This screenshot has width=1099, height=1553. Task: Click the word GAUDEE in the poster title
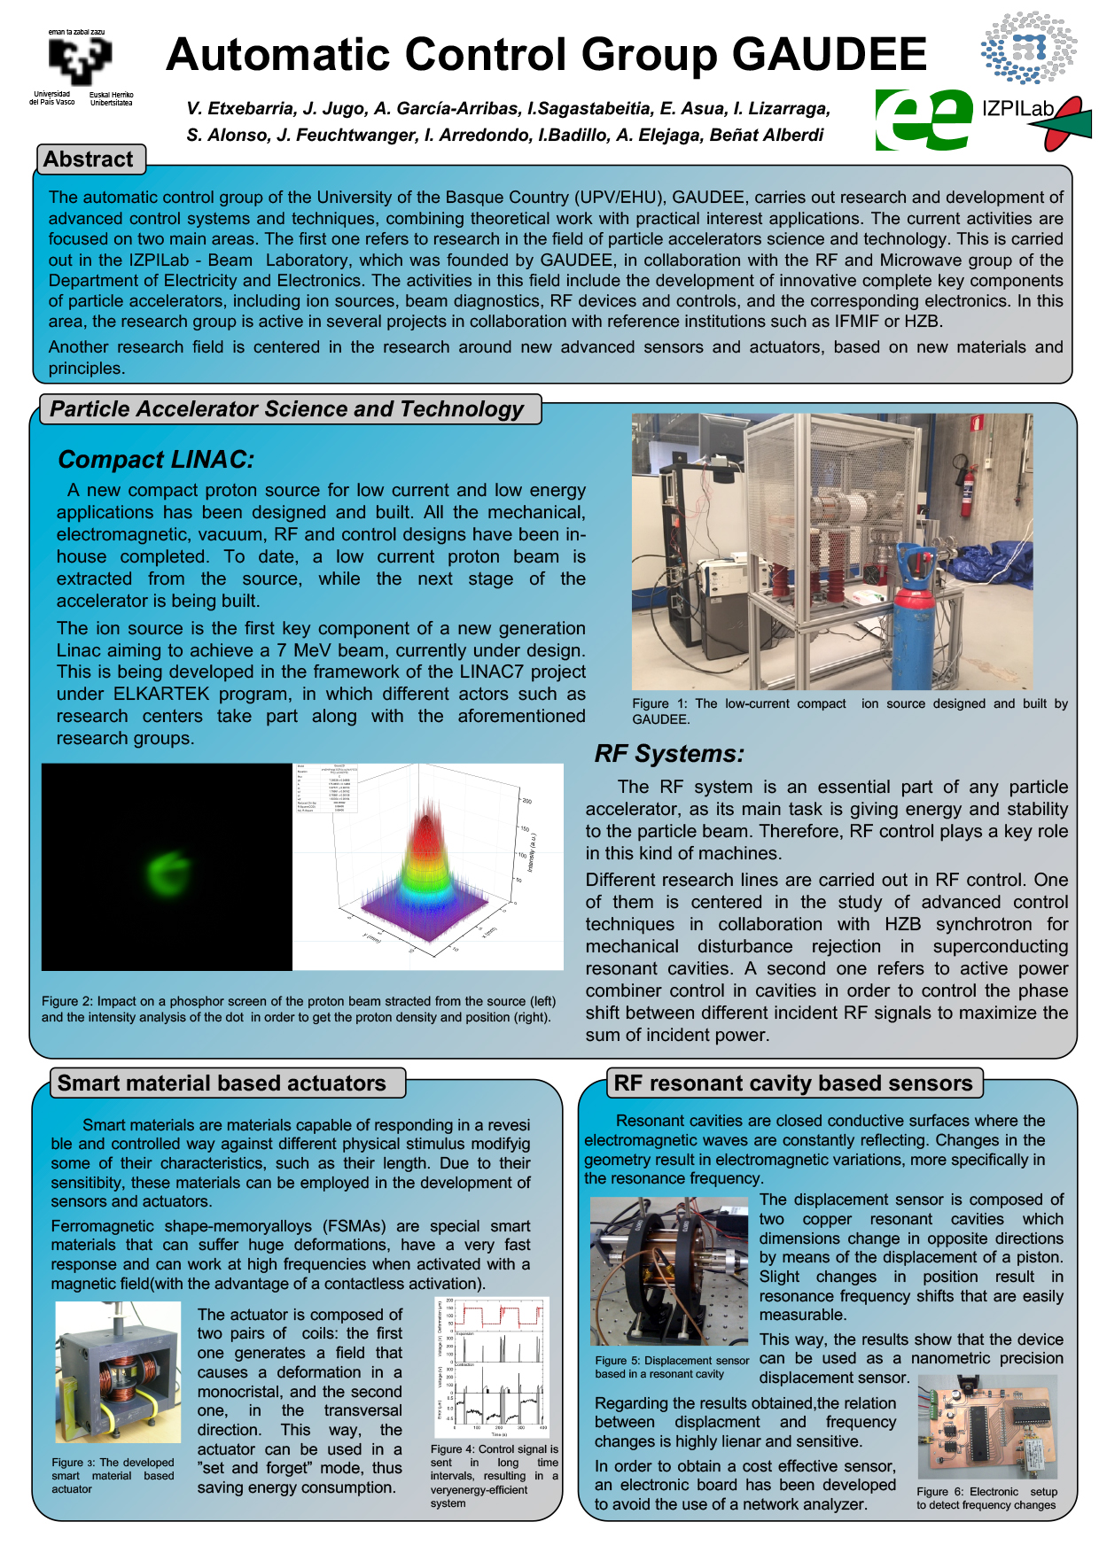[x=830, y=55]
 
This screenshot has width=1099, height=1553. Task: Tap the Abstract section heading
[x=88, y=159]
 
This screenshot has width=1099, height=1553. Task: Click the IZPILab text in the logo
[x=1017, y=109]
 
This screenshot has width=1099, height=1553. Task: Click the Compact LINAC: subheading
[x=156, y=460]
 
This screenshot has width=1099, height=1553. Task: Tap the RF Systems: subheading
[x=669, y=754]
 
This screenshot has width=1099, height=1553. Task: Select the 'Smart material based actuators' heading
[x=222, y=1083]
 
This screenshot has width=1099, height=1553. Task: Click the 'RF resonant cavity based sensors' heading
[x=793, y=1083]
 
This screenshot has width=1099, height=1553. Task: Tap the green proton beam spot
[x=167, y=872]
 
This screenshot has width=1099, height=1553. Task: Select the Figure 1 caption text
[x=849, y=710]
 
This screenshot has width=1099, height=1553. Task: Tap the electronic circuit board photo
[x=987, y=1427]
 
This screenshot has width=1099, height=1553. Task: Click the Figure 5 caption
[x=672, y=1367]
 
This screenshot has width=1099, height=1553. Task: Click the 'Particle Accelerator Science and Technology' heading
[x=286, y=409]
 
